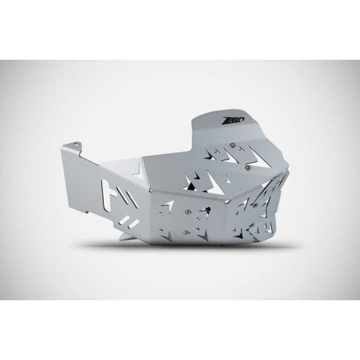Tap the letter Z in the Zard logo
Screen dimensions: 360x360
[x=221, y=119]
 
